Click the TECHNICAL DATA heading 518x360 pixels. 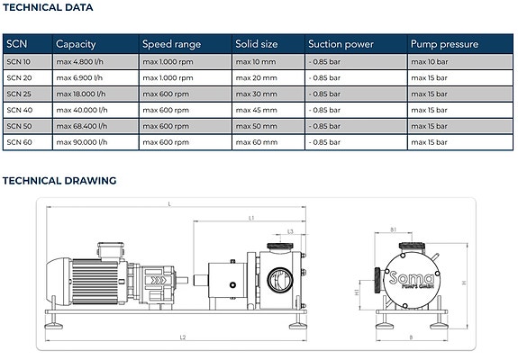[x=48, y=7]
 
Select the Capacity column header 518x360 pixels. [x=76, y=44]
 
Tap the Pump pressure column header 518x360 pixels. [x=444, y=44]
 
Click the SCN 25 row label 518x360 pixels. [x=19, y=94]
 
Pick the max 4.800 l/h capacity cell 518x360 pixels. [x=79, y=62]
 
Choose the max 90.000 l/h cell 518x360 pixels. [x=82, y=142]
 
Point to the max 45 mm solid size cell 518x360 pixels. [x=257, y=110]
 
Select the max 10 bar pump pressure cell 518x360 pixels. [x=430, y=62]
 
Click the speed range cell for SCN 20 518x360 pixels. [x=168, y=78]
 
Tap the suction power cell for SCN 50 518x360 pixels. [x=324, y=126]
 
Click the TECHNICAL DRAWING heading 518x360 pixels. [x=59, y=181]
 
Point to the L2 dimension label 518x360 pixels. [x=183, y=337]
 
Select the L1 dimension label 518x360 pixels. [x=251, y=218]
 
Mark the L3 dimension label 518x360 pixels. [x=290, y=231]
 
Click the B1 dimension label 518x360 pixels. [x=393, y=229]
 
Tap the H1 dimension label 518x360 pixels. [x=357, y=292]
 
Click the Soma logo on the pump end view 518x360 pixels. [x=411, y=280]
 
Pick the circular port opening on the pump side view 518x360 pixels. [x=280, y=280]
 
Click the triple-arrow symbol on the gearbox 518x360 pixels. [x=159, y=281]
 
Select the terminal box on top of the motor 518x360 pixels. [x=111, y=251]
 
